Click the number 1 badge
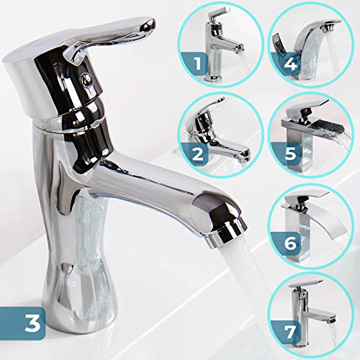coord(197,64)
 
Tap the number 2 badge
coord(196,153)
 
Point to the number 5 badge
coord(289,153)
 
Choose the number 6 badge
coord(289,243)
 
